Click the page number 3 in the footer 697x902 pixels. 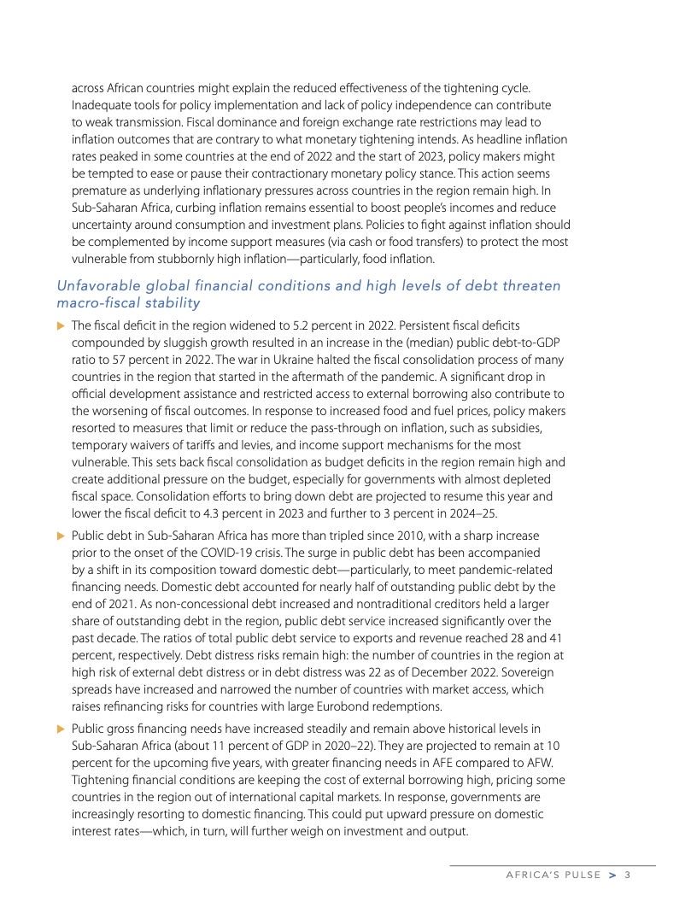click(x=627, y=875)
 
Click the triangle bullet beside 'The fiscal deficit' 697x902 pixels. click(x=60, y=325)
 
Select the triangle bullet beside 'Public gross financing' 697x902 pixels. click(x=60, y=728)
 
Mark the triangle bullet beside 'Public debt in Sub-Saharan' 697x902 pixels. click(x=60, y=536)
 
